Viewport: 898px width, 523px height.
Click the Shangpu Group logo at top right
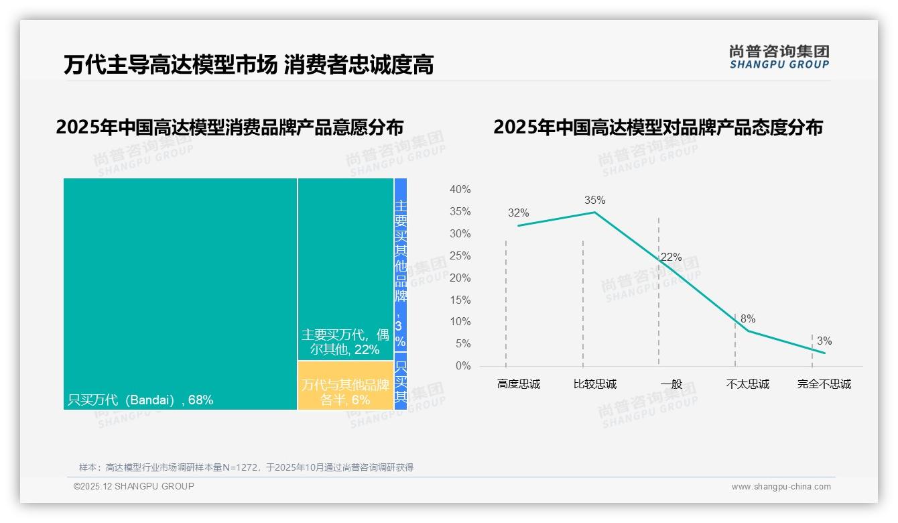pos(779,57)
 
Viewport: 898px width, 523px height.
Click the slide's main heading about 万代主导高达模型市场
pos(249,64)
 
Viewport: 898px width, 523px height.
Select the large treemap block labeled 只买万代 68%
pos(180,293)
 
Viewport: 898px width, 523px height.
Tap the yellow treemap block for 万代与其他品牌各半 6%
pos(345,385)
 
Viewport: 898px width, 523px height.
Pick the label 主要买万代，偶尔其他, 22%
pos(345,342)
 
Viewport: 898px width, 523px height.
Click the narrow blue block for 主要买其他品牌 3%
pos(400,264)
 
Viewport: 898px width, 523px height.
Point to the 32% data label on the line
pos(518,213)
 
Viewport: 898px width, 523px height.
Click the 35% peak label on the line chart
pos(594,200)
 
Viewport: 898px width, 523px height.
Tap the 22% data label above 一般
pos(671,257)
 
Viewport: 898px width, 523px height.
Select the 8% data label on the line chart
pos(748,319)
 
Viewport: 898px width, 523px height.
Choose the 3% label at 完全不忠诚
pos(824,341)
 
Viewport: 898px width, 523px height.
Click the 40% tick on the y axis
pos(460,190)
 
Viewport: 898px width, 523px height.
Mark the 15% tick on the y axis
pos(460,300)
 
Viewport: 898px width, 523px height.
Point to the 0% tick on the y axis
pos(462,366)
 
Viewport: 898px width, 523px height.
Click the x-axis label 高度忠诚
pos(518,384)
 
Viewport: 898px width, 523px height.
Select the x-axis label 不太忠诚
pos(747,384)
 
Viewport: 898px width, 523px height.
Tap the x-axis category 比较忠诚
pos(594,384)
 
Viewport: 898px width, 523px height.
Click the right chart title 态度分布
pos(657,127)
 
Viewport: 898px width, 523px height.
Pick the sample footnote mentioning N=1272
pos(246,467)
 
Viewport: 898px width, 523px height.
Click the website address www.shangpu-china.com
pos(781,487)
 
